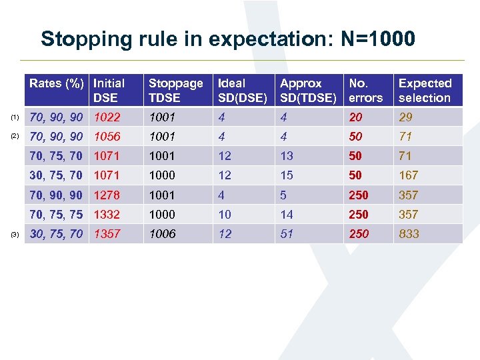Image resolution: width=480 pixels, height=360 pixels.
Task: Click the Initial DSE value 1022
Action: coord(107,117)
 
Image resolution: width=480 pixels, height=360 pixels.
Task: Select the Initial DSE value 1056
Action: coord(107,137)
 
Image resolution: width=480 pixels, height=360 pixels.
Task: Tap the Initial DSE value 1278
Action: coord(107,195)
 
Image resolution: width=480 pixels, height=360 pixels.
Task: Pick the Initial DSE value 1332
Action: coord(107,215)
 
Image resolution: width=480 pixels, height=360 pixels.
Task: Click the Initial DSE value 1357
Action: coord(107,234)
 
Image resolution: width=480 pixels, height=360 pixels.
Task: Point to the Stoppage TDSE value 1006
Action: coord(162,234)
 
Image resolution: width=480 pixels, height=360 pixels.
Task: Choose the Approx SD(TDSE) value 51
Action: coord(287,234)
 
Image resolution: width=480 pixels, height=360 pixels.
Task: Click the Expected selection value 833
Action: coord(409,234)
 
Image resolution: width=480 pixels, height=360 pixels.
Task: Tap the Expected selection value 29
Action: coord(405,117)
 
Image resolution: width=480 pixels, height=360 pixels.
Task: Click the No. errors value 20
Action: coord(357,117)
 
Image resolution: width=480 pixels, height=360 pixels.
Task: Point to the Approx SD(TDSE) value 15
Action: coord(287,175)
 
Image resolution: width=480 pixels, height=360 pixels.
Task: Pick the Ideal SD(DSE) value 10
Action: coord(225,215)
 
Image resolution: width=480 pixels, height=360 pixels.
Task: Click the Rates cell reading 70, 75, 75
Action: coord(56,215)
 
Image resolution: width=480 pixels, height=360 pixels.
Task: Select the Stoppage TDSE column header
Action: coord(175,91)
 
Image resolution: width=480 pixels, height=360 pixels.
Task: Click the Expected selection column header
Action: coord(425,91)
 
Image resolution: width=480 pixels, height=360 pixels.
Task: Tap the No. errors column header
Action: coord(366,91)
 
